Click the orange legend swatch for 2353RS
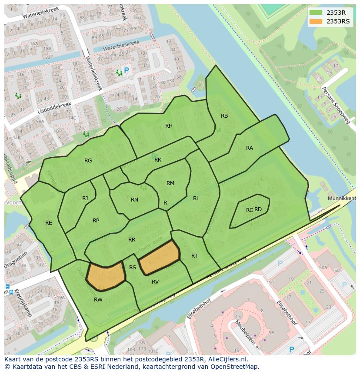[317, 21]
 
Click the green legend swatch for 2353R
[317, 12]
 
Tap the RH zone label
[169, 126]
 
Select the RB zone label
[224, 116]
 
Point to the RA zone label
[250, 148]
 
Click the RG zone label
[88, 161]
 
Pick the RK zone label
[158, 160]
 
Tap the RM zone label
[170, 183]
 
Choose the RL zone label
[196, 199]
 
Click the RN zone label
[134, 200]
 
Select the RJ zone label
[85, 199]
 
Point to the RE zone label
[49, 223]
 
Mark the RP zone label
[96, 221]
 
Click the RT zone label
[194, 256]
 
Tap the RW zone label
[98, 299]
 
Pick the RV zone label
[155, 282]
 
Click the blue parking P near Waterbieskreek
[127, 70]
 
